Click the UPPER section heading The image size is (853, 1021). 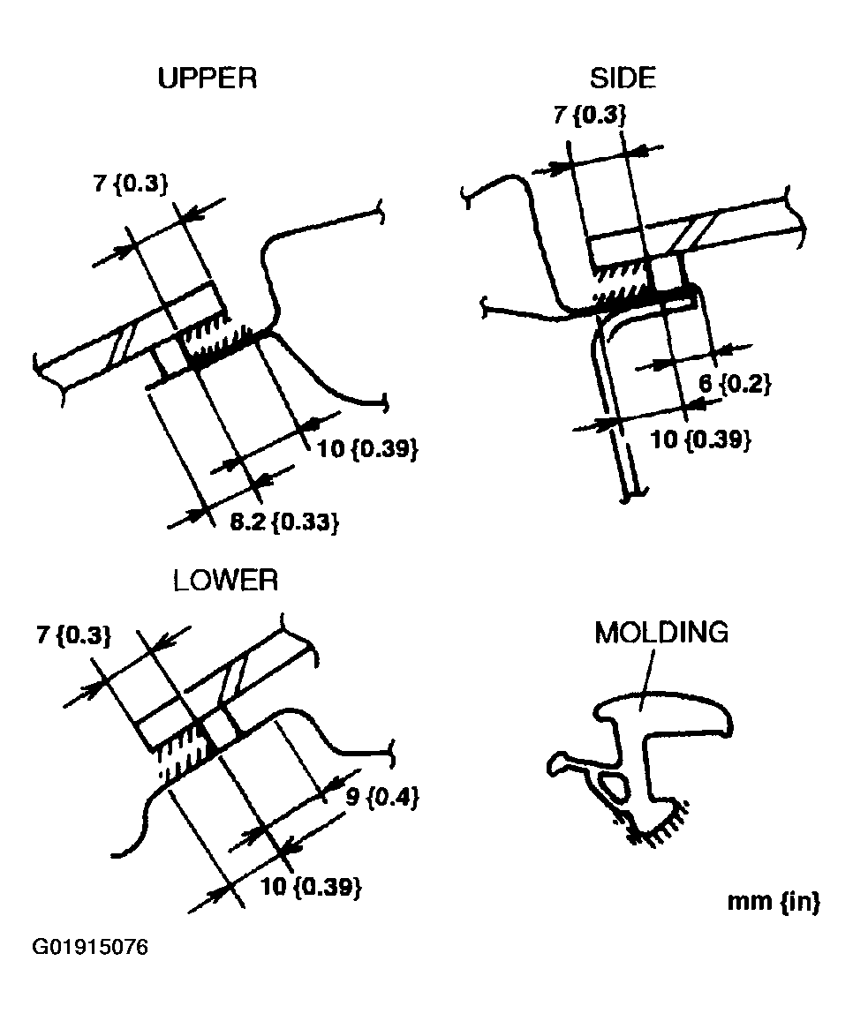coord(207,79)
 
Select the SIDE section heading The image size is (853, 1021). coord(623,79)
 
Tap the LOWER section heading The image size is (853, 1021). coord(225,581)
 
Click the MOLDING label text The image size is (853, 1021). coord(661,633)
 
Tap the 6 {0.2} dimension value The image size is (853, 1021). coord(735,384)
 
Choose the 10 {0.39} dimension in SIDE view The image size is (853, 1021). coord(700,439)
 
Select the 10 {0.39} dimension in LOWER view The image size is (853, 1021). coord(312,887)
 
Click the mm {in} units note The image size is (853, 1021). coord(773,902)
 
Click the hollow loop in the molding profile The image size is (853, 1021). coord(612,783)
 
